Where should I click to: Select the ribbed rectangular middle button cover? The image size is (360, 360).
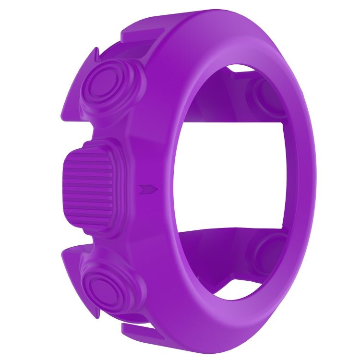[89, 188]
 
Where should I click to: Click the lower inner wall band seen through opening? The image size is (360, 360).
[226, 250]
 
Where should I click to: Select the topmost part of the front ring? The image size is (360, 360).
[211, 11]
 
